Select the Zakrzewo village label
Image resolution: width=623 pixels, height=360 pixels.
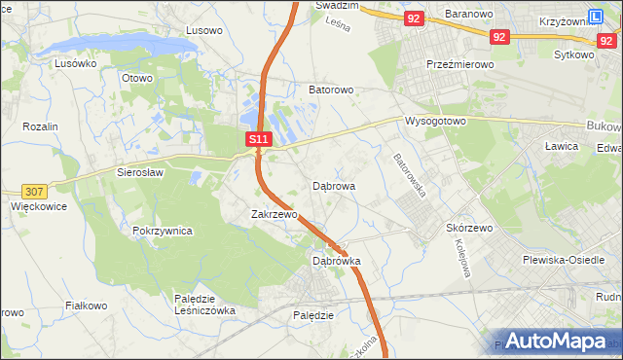[274, 214]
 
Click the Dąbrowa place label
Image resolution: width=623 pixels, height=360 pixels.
[333, 185]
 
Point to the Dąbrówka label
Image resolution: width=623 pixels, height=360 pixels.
[336, 261]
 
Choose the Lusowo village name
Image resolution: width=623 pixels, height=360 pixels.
[203, 30]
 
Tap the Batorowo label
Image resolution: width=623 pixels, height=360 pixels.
[330, 90]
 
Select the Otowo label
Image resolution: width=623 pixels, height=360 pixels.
[137, 77]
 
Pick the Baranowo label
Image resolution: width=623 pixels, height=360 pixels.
[470, 14]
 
